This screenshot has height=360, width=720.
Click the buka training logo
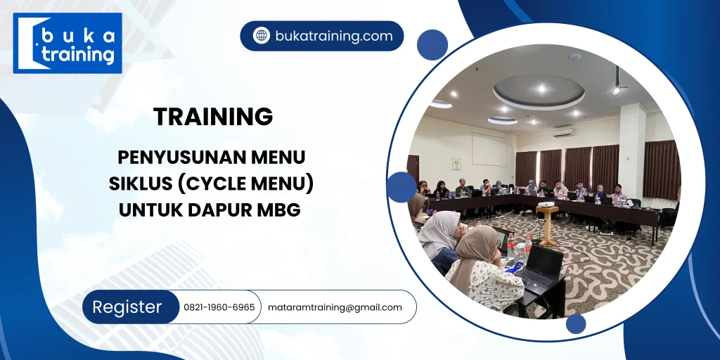[x=67, y=44]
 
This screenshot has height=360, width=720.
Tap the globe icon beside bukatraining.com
[x=262, y=36]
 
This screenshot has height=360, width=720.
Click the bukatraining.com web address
[x=334, y=36]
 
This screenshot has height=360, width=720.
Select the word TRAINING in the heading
[x=213, y=117]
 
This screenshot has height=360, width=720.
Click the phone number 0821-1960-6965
[x=219, y=307]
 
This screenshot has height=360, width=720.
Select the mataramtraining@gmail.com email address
[x=335, y=307]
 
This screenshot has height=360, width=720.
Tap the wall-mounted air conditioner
[x=562, y=131]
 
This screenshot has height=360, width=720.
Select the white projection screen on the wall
[x=487, y=150]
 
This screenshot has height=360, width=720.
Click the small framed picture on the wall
[x=456, y=163]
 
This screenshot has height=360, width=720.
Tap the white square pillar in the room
[x=631, y=151]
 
